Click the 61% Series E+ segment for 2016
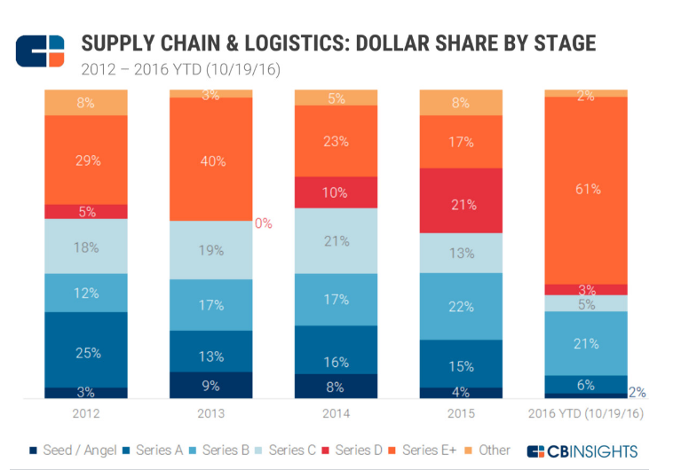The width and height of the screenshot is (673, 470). [x=586, y=190]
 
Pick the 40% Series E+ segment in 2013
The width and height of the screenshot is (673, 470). [x=212, y=161]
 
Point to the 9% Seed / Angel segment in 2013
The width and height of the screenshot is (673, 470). [x=212, y=386]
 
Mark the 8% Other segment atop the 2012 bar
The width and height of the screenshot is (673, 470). [x=87, y=102]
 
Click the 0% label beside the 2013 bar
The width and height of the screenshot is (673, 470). [x=264, y=223]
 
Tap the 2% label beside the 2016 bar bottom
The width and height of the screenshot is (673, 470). [x=637, y=393]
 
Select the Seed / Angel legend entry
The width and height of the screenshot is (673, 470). [x=75, y=450]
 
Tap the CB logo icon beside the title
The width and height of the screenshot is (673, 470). [x=40, y=51]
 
